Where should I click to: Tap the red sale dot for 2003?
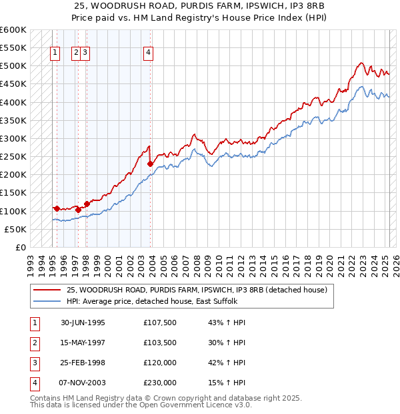(151, 164)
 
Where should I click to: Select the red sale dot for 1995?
(57, 208)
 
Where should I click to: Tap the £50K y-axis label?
(16, 229)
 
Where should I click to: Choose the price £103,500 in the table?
(160, 343)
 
